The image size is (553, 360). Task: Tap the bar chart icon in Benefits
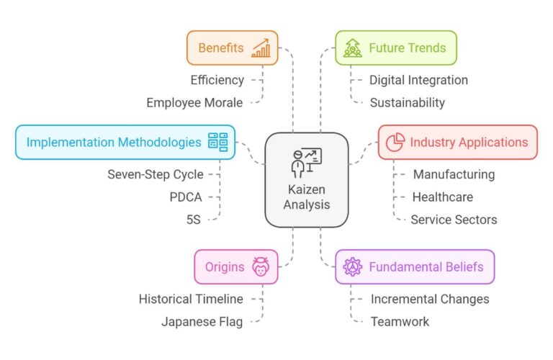pyautogui.click(x=261, y=49)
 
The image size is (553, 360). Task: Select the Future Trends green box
pyautogui.click(x=396, y=48)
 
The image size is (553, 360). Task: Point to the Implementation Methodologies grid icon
pyautogui.click(x=217, y=142)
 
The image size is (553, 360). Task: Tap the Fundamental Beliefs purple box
pyautogui.click(x=415, y=267)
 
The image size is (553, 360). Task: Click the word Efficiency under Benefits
pyautogui.click(x=217, y=80)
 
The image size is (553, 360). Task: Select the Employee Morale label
pyautogui.click(x=194, y=102)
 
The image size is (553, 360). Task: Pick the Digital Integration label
pyautogui.click(x=418, y=80)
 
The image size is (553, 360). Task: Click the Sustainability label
pyautogui.click(x=407, y=102)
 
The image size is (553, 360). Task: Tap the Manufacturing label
pyautogui.click(x=454, y=174)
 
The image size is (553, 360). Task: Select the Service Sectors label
pyautogui.click(x=454, y=219)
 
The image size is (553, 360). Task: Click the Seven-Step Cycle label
pyautogui.click(x=156, y=174)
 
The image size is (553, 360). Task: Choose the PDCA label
pyautogui.click(x=186, y=197)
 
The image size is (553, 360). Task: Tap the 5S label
pyautogui.click(x=193, y=219)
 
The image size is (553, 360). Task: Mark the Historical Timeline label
pyautogui.click(x=191, y=299)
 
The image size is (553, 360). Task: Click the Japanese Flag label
pyautogui.click(x=202, y=321)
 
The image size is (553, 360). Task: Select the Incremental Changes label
pyautogui.click(x=430, y=299)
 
